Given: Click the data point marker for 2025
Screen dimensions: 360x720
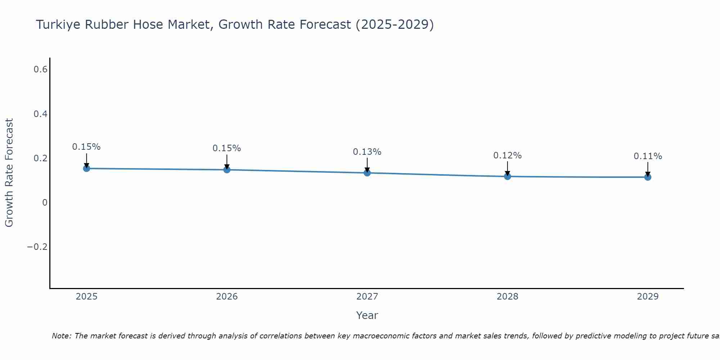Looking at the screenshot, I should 86,168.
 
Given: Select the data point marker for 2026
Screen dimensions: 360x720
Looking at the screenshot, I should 227,170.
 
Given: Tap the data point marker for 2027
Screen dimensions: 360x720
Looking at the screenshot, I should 367,173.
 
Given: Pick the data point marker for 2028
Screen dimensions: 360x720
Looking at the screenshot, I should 508,176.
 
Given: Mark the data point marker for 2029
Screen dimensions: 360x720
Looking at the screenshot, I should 648,177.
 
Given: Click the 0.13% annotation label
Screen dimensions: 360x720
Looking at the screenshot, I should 367,152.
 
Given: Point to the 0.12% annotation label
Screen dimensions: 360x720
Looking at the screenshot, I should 507,156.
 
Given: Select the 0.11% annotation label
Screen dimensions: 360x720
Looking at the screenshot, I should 648,156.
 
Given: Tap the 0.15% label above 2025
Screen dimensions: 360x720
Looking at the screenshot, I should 86,147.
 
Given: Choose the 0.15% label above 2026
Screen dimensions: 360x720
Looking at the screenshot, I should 226,148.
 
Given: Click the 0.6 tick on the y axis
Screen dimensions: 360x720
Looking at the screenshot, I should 41,69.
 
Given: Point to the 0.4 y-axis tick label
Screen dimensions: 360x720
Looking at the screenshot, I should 41,114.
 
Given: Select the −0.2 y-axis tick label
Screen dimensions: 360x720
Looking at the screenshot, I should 37,247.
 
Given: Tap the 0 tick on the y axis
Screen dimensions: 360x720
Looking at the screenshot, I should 45,203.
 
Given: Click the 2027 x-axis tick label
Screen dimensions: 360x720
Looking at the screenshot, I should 367,297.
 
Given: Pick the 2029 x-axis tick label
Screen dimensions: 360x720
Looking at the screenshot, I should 648,297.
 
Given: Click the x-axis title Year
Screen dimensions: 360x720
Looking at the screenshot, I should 367,315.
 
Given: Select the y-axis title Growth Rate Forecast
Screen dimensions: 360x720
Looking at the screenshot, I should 9,173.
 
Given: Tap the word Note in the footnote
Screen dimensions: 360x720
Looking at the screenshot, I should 61,336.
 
